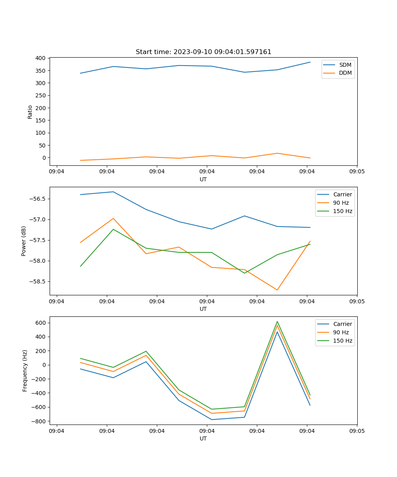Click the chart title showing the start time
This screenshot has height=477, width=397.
click(x=203, y=52)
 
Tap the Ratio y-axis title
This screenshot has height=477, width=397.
click(x=30, y=112)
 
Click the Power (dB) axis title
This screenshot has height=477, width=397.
click(x=24, y=241)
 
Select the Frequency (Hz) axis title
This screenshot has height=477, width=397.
click(x=25, y=370)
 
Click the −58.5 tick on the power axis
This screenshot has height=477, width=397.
click(x=38, y=281)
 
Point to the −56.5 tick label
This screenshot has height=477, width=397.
click(x=38, y=199)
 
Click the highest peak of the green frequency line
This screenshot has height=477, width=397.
click(x=277, y=322)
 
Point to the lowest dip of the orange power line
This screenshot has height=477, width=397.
click(x=277, y=290)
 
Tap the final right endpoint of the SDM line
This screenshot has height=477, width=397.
click(x=310, y=62)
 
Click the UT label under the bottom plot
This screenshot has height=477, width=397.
click(x=203, y=438)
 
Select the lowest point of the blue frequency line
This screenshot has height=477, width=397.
click(x=212, y=419)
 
